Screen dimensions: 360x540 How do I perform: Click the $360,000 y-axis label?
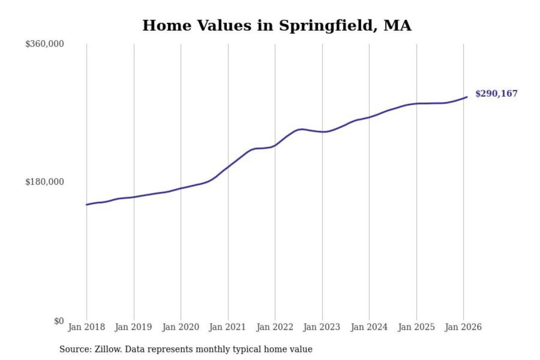pos(44,44)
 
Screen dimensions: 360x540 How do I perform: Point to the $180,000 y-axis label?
pos(44,182)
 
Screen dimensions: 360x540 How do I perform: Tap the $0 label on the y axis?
pos(59,321)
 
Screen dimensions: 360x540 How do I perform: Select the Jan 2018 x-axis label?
pos(86,327)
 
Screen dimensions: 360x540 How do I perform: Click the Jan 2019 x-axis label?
pos(133,327)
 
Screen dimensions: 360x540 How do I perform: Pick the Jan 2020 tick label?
pos(180,327)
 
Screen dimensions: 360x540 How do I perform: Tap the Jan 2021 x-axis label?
pos(227,327)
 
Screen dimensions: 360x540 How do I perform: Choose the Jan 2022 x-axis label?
pos(274,327)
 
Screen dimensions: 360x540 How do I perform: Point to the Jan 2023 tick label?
pos(321,327)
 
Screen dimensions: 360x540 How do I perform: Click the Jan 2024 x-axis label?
pos(369,327)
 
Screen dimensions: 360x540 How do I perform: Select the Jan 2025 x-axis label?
pos(416,327)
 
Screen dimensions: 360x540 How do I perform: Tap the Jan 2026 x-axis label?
pos(463,327)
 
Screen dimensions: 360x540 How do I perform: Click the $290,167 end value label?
pos(496,93)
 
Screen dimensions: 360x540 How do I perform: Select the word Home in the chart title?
pos(167,25)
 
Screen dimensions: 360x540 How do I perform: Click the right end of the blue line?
pos(467,97)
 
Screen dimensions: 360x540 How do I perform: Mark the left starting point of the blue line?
pos(87,205)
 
